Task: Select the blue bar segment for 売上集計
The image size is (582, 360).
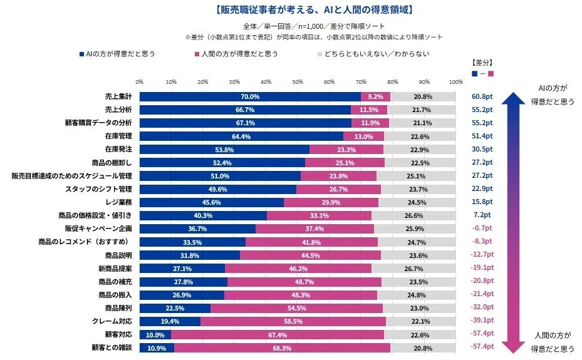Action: pos(250,96)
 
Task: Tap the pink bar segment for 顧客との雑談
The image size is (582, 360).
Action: pos(282,347)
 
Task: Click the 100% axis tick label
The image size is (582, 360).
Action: pos(456,81)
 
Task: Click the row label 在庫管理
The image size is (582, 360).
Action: pos(117,136)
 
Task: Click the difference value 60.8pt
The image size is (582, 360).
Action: pos(482,97)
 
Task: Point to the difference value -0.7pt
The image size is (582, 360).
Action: pos(482,229)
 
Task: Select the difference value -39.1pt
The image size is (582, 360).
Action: pos(482,321)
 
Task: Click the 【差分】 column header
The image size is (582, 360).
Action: pos(482,63)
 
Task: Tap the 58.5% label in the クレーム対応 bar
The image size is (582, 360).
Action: pos(293,321)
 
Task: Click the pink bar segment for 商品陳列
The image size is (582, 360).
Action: pos(296,307)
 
